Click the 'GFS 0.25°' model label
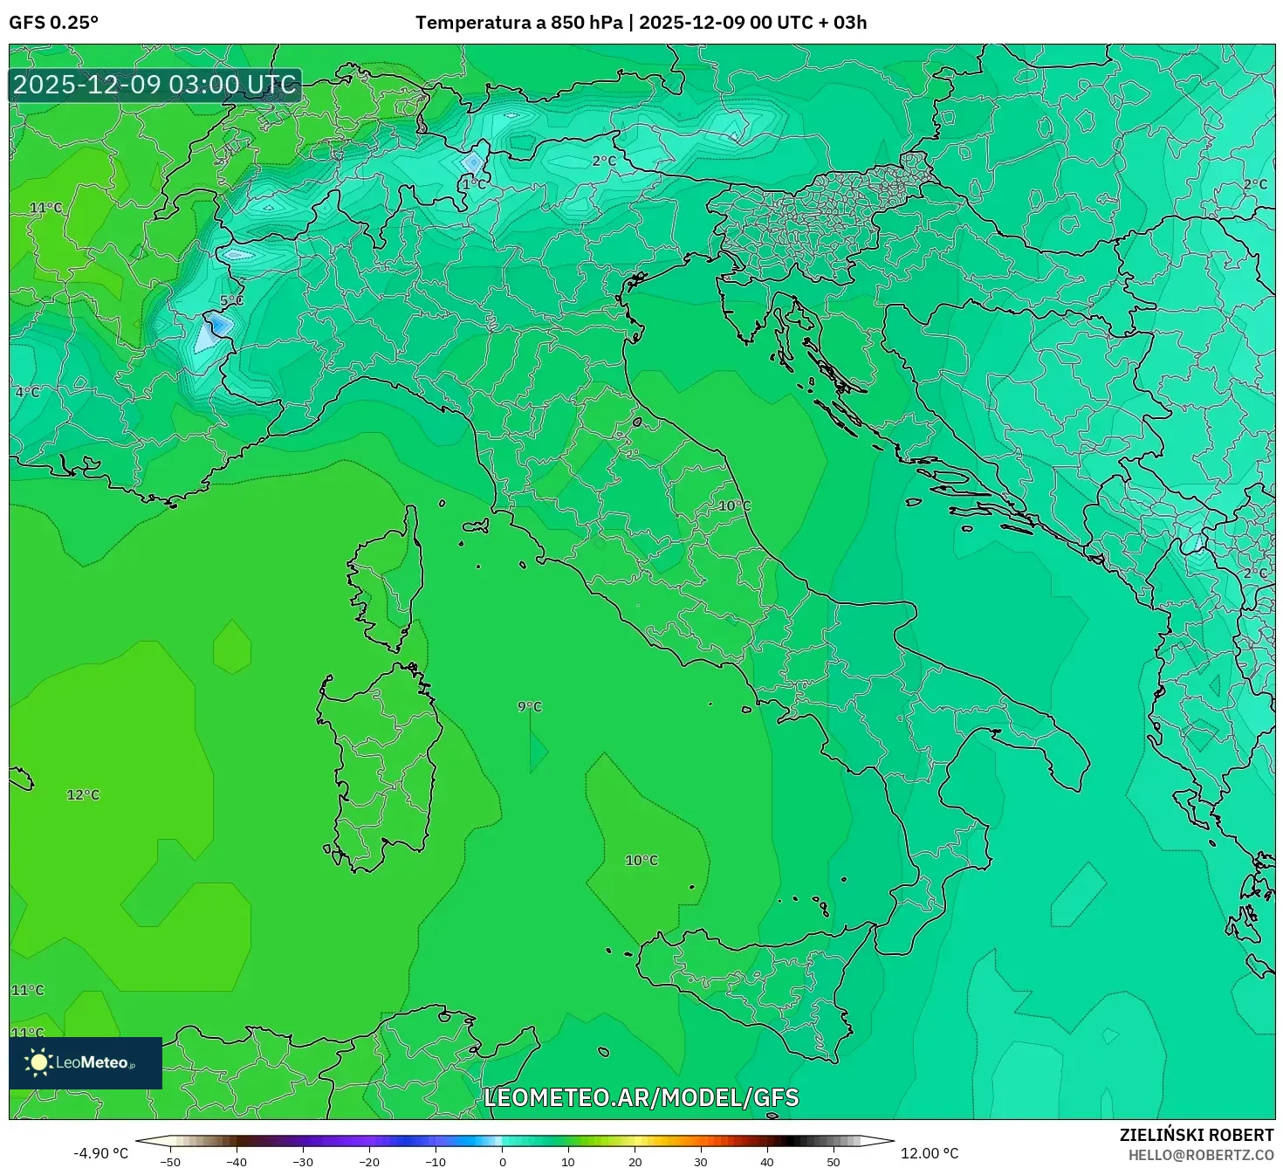53,23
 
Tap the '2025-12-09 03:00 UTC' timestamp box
154,86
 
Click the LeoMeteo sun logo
38,1062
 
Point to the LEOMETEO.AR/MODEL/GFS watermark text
641,1097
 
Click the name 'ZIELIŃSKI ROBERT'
1196,1135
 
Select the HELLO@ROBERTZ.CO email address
1200,1155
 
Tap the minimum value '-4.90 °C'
100,1153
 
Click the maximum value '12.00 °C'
930,1153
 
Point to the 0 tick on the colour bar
502,1161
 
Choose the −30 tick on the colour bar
302,1161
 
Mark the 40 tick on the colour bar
767,1161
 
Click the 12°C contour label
83,794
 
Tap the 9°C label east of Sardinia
530,706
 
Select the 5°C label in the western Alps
231,300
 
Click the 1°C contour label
474,184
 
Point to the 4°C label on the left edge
27,392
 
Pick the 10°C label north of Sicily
641,860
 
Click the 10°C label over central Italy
735,505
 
